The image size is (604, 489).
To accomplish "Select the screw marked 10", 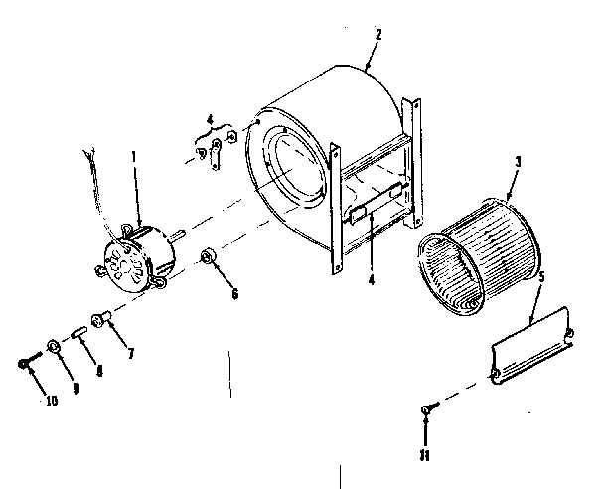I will click(x=28, y=363).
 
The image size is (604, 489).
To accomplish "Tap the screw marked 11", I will click(x=427, y=407).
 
